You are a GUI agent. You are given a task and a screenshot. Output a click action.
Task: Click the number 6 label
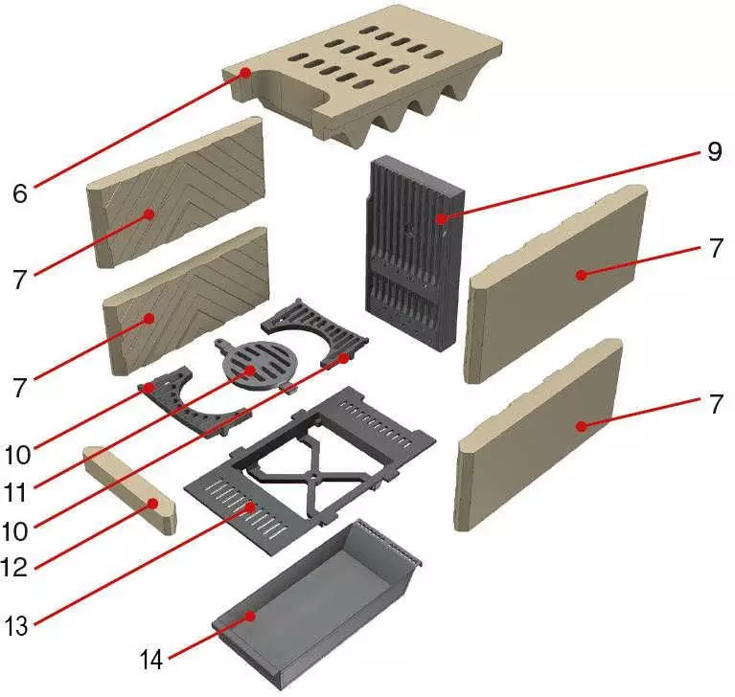tap(20, 192)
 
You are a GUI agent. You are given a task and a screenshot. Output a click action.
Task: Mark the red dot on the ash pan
tap(251, 618)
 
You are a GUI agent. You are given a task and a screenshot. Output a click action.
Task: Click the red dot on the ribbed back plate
tap(442, 219)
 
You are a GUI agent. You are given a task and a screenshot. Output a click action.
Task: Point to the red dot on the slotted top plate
tap(246, 73)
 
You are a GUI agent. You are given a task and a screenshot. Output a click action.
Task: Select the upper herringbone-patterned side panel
tap(177, 191)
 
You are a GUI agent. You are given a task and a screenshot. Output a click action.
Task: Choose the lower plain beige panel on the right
tap(541, 431)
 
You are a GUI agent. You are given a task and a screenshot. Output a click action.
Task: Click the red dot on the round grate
tap(248, 369)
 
